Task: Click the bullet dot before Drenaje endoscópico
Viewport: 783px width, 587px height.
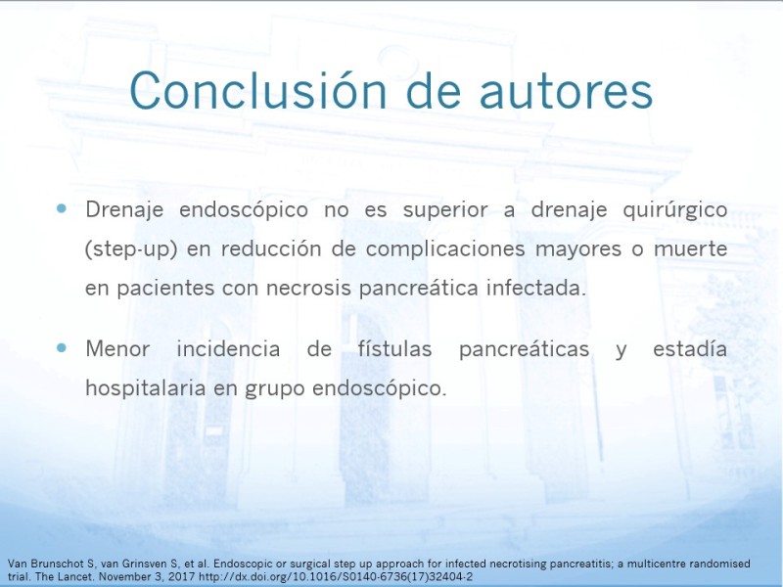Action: [62, 208]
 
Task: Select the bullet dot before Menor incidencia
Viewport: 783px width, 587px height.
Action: [62, 347]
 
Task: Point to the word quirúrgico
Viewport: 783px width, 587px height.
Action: [675, 210]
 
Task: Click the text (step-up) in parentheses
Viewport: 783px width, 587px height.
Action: [131, 249]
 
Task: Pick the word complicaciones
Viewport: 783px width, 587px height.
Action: [445, 249]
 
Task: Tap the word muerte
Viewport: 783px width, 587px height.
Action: [691, 248]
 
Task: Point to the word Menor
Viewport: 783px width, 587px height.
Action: [117, 348]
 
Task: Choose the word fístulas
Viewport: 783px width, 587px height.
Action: [394, 348]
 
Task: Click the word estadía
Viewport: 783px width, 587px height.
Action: [690, 348]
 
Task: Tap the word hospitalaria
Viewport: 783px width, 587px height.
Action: [146, 388]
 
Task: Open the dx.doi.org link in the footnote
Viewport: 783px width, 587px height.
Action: [336, 577]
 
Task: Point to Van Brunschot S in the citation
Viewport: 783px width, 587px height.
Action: [51, 564]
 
